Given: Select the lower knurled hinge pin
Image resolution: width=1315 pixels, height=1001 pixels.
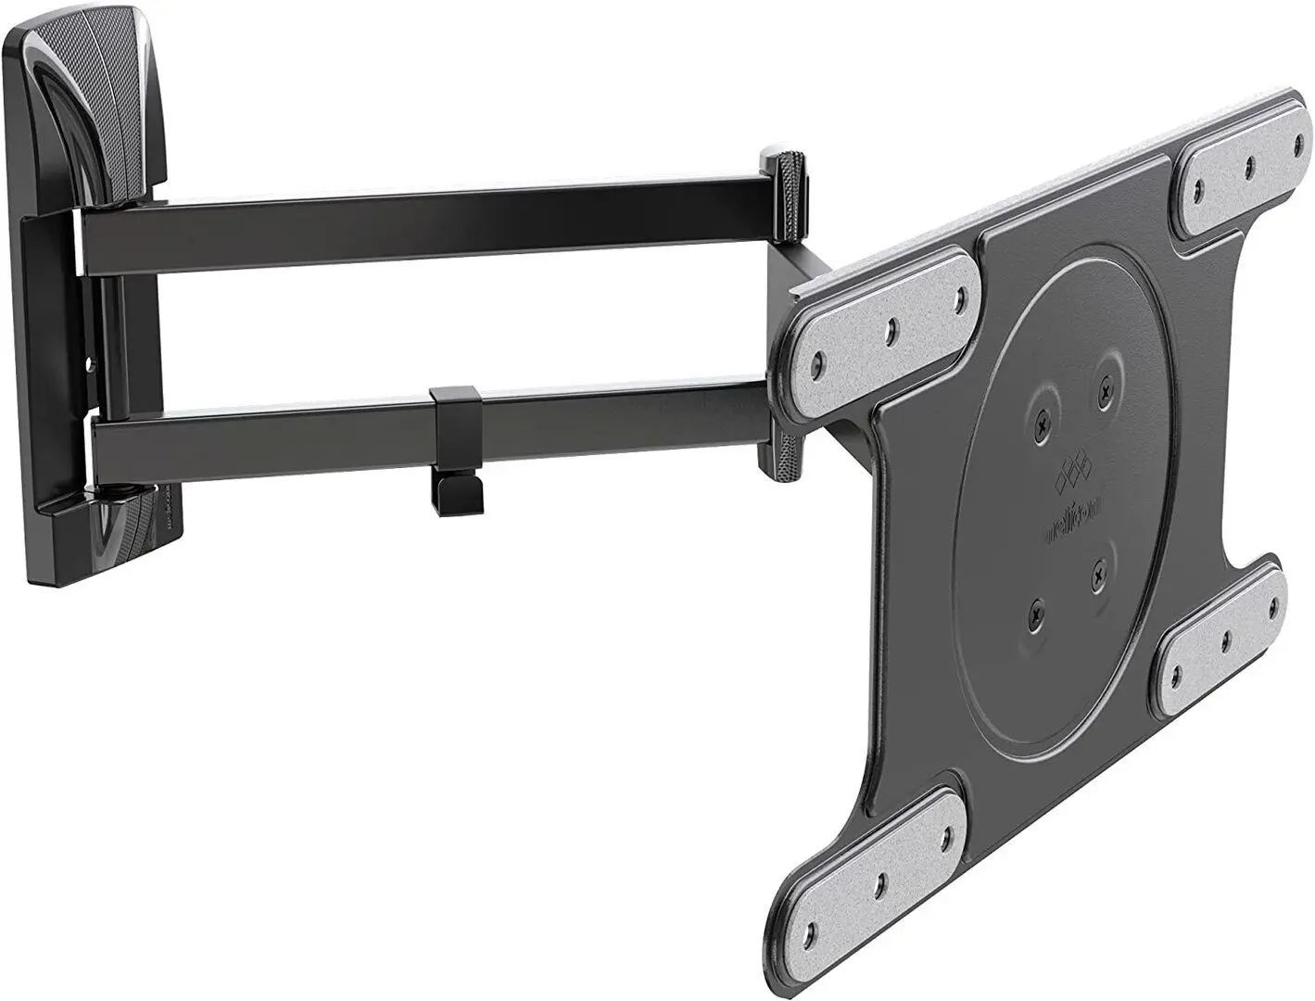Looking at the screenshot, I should click(783, 453).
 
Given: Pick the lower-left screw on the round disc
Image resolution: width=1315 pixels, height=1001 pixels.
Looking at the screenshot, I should click(1035, 612).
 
